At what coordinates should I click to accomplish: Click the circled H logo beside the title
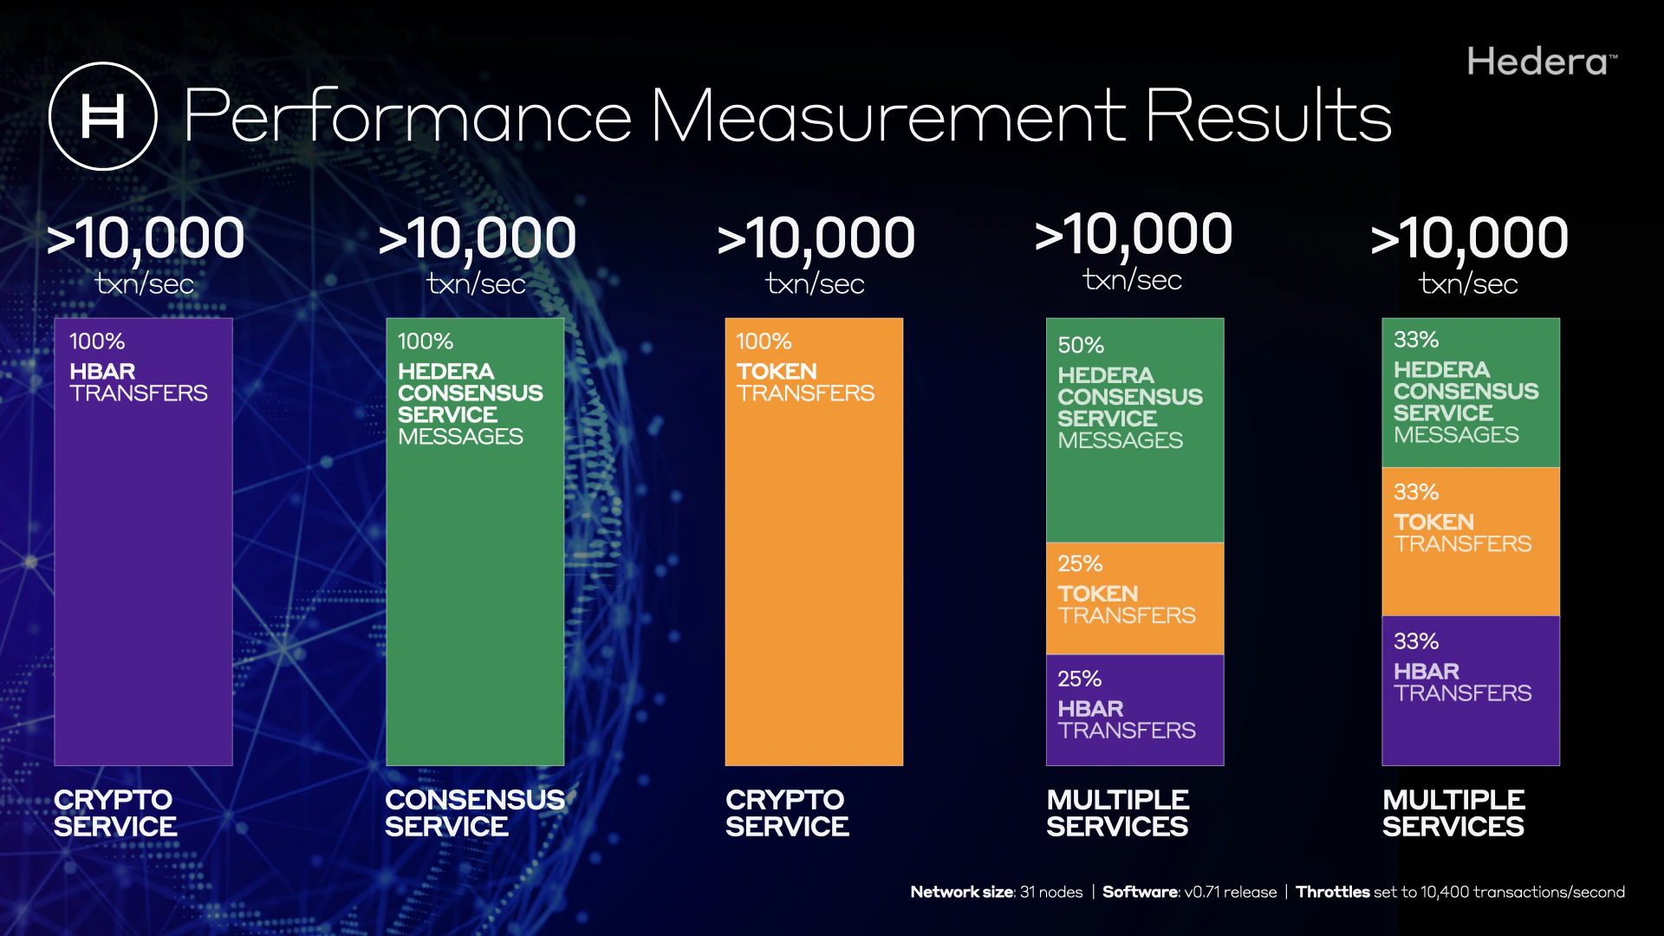pyautogui.click(x=102, y=116)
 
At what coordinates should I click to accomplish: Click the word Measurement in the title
pyautogui.click(x=888, y=116)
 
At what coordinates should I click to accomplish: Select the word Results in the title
pyautogui.click(x=1268, y=116)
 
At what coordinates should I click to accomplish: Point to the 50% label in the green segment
pyautogui.click(x=1081, y=345)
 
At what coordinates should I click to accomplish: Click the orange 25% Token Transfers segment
pyautogui.click(x=1134, y=598)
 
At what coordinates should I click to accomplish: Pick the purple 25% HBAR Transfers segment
pyautogui.click(x=1134, y=710)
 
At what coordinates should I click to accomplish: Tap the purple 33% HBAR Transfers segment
pyautogui.click(x=1470, y=690)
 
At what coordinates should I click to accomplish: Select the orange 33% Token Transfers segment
pyautogui.click(x=1470, y=542)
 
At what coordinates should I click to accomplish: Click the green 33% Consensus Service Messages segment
pyautogui.click(x=1470, y=393)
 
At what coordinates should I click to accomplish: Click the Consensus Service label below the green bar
pyautogui.click(x=474, y=813)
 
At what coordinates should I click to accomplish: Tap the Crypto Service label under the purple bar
pyautogui.click(x=114, y=813)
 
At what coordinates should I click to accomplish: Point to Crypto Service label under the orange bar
pyautogui.click(x=787, y=813)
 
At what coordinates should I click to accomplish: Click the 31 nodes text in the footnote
pyautogui.click(x=1051, y=892)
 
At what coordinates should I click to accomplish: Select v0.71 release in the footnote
pyautogui.click(x=1231, y=892)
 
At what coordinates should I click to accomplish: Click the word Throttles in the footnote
pyautogui.click(x=1332, y=892)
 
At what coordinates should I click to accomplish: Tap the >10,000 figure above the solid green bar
pyautogui.click(x=478, y=238)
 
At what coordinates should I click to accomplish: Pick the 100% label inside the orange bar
pyautogui.click(x=764, y=341)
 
